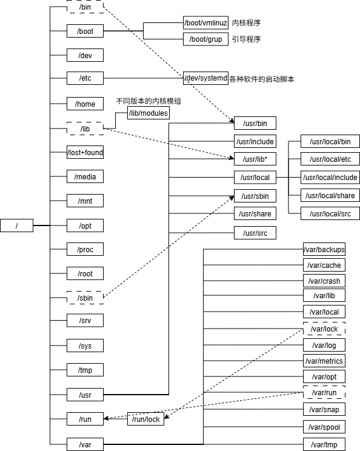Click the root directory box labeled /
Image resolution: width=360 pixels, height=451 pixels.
coord(16,226)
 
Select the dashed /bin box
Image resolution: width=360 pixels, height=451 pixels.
coord(85,7)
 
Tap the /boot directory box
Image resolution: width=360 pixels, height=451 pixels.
coord(85,31)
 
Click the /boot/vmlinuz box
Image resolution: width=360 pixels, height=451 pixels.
coord(205,23)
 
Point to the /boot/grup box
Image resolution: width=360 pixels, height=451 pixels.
coord(205,39)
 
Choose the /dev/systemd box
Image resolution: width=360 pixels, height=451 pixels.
coord(205,79)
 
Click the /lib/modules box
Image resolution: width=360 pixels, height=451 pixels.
coord(148,113)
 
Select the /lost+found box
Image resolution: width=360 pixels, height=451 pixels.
coord(85,153)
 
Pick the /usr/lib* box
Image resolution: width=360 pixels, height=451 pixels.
coord(255,159)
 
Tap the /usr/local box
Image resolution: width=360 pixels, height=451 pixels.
coord(255,178)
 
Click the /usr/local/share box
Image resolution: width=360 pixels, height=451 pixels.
coord(330,195)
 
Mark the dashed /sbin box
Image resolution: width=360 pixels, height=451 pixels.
coord(85,298)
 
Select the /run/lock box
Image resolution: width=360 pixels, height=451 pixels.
coord(145,419)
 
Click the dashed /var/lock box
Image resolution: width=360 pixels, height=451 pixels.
coord(324,329)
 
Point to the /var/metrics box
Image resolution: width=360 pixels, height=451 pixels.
coord(324,361)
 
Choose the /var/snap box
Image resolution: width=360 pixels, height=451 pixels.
coord(324,410)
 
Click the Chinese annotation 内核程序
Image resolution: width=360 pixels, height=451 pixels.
coord(246,23)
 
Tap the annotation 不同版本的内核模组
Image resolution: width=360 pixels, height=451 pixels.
coord(148,101)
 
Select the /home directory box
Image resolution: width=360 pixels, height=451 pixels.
coord(85,104)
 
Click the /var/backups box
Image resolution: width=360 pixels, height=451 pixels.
coord(324,249)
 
